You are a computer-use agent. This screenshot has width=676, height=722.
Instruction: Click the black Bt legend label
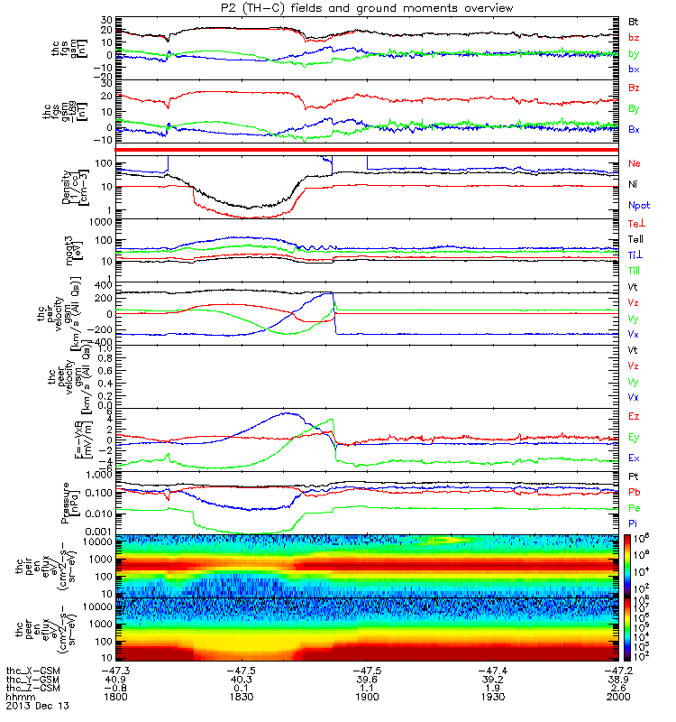634,19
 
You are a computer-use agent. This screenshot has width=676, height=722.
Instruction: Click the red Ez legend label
635,417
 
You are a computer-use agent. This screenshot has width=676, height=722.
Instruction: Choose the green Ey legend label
635,439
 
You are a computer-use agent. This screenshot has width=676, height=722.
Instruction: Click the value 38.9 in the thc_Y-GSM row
617,680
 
